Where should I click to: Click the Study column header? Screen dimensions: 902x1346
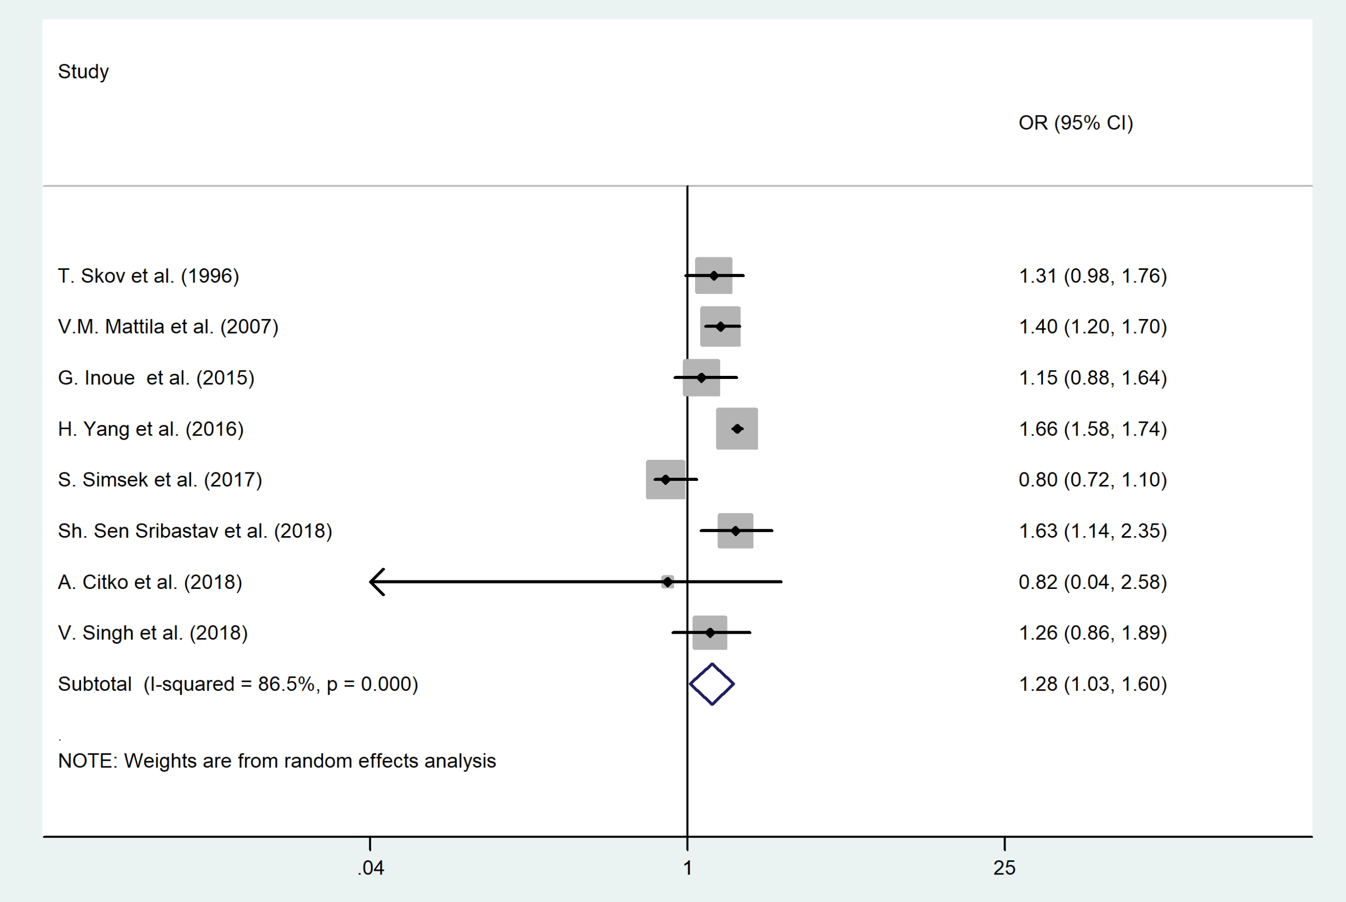(83, 72)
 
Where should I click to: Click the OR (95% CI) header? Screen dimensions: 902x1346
(1075, 123)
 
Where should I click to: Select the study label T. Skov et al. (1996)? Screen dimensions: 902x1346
(148, 276)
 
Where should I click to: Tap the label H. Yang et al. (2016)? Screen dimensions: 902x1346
(151, 429)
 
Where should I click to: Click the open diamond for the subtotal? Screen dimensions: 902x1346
(712, 684)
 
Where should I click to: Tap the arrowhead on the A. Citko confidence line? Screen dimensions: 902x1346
(377, 581)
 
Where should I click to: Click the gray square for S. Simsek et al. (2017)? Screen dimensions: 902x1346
(665, 480)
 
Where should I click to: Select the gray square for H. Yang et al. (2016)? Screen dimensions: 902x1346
(737, 429)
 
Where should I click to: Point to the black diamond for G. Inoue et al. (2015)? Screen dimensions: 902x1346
(701, 378)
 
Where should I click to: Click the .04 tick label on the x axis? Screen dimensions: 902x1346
(370, 868)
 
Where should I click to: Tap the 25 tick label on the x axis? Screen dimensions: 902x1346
(1004, 868)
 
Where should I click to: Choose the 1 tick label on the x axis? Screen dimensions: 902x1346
(687, 868)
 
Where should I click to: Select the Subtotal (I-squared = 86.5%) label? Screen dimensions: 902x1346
(238, 684)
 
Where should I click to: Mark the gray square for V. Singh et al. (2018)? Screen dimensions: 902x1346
(710, 633)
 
